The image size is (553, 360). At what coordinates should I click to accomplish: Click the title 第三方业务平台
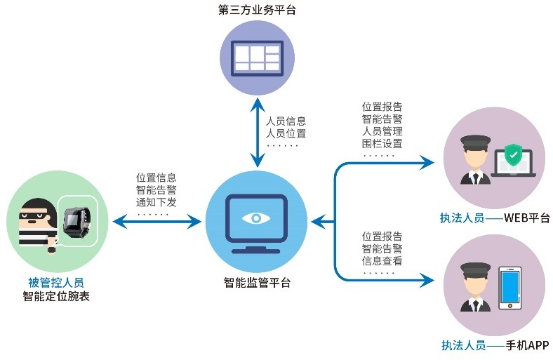click(257, 11)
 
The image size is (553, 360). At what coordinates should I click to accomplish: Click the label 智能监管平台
click(257, 284)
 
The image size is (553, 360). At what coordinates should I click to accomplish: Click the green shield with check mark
click(513, 154)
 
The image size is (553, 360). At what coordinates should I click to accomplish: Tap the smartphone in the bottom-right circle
click(512, 288)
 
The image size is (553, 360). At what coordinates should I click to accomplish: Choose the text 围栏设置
click(382, 143)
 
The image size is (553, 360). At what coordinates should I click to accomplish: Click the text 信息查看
click(382, 260)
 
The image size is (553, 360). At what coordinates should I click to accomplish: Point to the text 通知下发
click(156, 201)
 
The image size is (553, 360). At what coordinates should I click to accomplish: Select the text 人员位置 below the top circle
click(286, 133)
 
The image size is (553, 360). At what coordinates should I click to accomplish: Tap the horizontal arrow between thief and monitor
click(156, 223)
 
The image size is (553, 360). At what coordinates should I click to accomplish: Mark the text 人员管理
click(382, 131)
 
